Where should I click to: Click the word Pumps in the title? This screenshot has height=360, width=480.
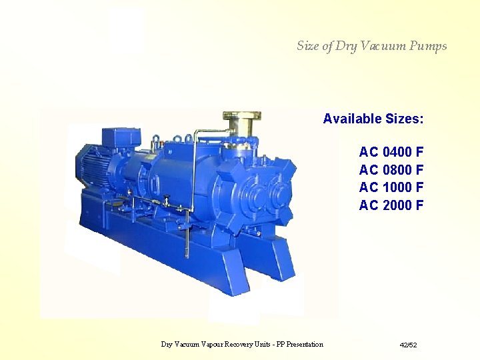(x=429, y=46)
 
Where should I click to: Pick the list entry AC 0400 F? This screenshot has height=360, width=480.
(x=391, y=152)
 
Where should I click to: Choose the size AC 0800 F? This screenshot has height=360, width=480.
(x=391, y=169)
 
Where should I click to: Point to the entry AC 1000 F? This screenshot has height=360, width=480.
(x=391, y=187)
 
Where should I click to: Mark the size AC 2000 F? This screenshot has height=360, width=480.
(x=391, y=205)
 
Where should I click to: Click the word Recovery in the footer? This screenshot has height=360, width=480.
(x=239, y=345)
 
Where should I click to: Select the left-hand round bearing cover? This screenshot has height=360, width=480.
(x=249, y=195)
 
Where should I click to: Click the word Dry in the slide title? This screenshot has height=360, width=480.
(x=346, y=46)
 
